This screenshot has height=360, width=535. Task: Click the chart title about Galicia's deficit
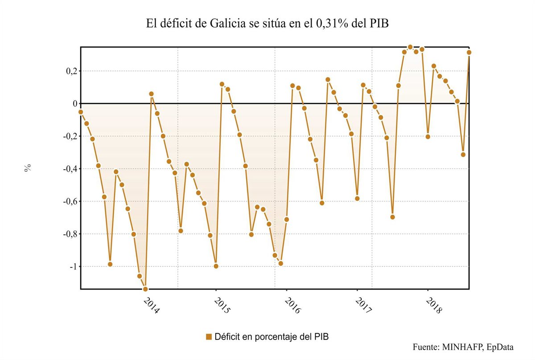point(267,24)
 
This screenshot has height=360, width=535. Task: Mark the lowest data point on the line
point(145,289)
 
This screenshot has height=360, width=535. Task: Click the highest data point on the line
point(410,47)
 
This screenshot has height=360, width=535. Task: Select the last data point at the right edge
point(469,52)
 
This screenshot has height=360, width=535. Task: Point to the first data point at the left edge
point(81,112)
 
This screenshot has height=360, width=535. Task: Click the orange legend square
point(209,336)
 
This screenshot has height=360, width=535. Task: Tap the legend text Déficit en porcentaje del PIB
point(272,336)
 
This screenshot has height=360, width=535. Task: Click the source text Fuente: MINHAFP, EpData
point(463,347)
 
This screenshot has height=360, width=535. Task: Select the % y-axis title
point(28,168)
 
